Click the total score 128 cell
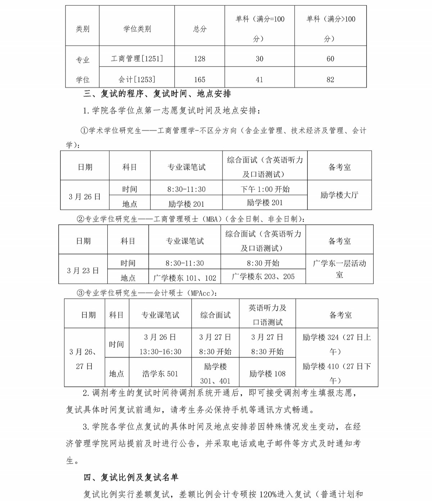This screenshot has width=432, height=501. (199, 59)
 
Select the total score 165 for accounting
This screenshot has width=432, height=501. (199, 79)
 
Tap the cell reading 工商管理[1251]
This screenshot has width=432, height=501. (137, 59)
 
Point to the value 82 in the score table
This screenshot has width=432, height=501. (330, 79)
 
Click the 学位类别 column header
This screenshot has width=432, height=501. (137, 29)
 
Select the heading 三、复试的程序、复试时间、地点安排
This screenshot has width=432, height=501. (157, 94)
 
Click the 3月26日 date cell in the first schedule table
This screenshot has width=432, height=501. (85, 197)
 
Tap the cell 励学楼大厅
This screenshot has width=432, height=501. (339, 195)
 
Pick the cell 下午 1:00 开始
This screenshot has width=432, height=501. (265, 189)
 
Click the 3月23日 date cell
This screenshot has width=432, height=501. (83, 270)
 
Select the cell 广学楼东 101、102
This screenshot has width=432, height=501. (185, 278)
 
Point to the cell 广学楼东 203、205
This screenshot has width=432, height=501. (263, 276)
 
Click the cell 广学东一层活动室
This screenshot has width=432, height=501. (339, 269)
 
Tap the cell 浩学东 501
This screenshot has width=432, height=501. (160, 374)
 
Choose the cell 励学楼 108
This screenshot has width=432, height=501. (267, 374)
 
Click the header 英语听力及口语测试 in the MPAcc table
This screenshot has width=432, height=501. (267, 315)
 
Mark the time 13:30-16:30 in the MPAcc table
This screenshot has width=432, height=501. (160, 352)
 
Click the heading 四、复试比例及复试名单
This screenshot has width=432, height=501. (131, 477)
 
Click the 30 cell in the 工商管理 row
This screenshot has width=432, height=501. (259, 59)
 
